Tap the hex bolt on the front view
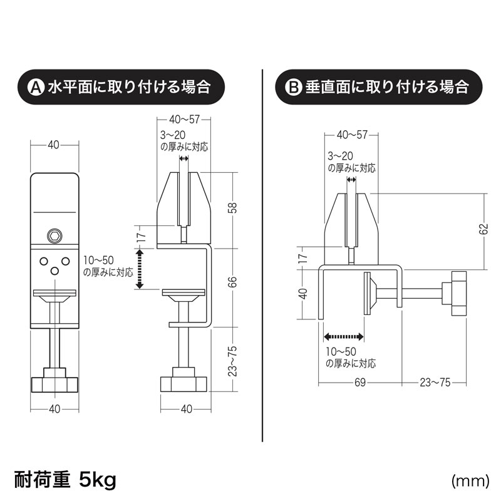(54, 236)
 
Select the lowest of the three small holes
(54, 270)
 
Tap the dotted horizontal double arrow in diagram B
(344, 337)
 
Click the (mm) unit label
(469, 481)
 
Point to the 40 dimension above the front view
(54, 145)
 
